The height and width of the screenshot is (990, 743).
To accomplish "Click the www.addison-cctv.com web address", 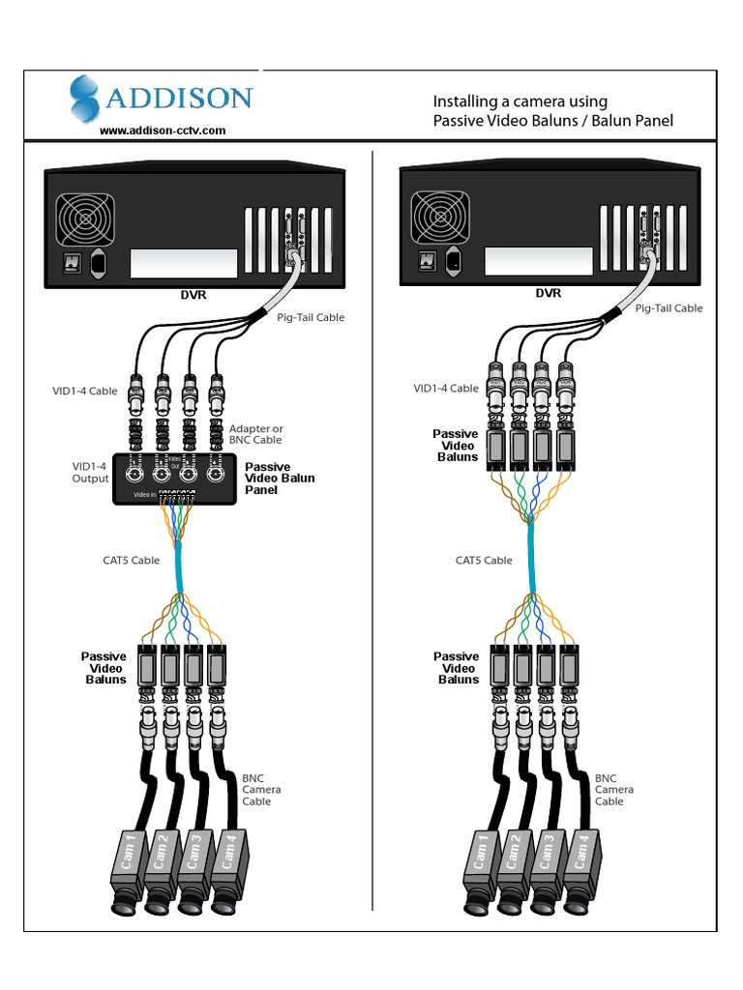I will click(162, 130).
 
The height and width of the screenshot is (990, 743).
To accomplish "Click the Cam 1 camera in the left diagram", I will click(129, 865).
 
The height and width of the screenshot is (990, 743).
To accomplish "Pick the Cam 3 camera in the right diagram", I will click(549, 865).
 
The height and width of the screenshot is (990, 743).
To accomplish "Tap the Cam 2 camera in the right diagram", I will click(515, 865).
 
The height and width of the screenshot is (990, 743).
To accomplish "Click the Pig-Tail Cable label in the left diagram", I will click(311, 317).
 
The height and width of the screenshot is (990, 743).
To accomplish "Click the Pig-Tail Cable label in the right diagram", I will click(669, 308).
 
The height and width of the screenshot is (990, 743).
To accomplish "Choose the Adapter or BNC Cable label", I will click(256, 434).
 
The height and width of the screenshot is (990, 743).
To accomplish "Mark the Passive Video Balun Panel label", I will click(280, 479).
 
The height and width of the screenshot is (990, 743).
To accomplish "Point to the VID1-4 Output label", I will click(90, 472).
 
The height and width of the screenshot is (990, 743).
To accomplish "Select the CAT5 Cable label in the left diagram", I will click(132, 560).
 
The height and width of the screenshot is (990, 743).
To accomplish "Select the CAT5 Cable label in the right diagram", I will click(484, 560).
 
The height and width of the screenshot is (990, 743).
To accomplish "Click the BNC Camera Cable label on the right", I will click(614, 789).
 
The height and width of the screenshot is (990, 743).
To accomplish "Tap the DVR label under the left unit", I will click(194, 296).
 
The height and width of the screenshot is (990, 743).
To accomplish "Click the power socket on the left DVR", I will click(98, 262).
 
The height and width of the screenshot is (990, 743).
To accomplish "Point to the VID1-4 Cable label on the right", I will click(446, 389).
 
